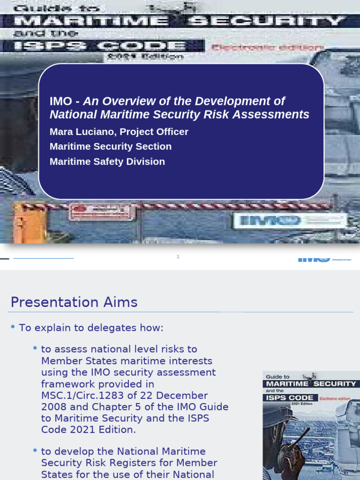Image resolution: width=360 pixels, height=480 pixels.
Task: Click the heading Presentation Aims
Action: click(74, 302)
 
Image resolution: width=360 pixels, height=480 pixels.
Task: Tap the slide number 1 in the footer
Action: click(178, 256)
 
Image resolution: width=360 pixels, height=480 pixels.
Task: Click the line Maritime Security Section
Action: click(111, 147)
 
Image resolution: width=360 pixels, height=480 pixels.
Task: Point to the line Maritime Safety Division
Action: click(107, 162)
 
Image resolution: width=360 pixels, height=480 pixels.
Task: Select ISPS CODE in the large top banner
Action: click(100, 46)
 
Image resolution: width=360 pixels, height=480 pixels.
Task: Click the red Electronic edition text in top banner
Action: click(267, 47)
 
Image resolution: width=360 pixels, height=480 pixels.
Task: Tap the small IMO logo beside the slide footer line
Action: click(314, 259)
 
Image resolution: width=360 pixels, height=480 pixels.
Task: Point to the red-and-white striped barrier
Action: click(187, 206)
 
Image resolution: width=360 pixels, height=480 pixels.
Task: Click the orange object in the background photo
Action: click(31, 223)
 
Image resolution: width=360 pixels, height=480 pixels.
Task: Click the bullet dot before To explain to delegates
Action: click(13, 328)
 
